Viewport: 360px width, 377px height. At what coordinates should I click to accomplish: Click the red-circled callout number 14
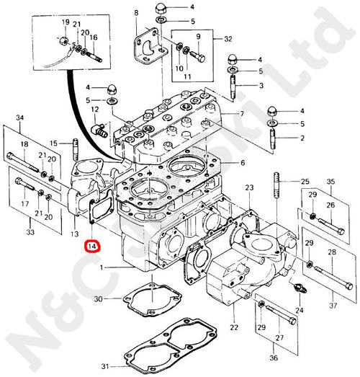pyautogui.click(x=91, y=247)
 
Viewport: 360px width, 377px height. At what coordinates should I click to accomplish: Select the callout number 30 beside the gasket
pyautogui.click(x=99, y=299)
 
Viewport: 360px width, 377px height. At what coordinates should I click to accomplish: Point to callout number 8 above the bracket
pyautogui.click(x=135, y=13)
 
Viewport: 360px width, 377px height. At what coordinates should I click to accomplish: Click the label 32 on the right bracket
pyautogui.click(x=228, y=37)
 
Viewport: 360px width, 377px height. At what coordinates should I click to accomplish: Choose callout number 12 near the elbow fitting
pyautogui.click(x=94, y=109)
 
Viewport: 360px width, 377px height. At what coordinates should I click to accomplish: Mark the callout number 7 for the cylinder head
pyautogui.click(x=242, y=114)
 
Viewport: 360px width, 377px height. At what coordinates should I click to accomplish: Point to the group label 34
pyautogui.click(x=19, y=117)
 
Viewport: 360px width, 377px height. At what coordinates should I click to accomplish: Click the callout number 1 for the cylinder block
pyautogui.click(x=102, y=267)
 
